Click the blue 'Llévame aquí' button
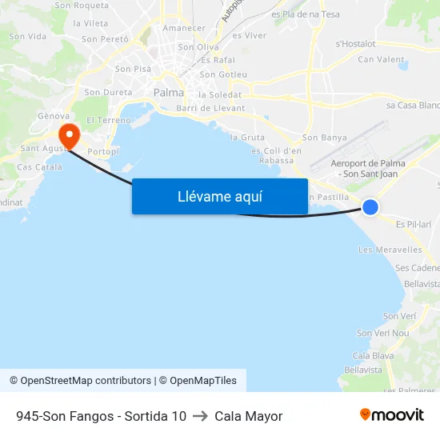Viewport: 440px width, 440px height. pyautogui.click(x=219, y=196)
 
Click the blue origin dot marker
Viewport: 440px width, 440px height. pyautogui.click(x=370, y=207)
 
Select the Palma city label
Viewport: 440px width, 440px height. pyautogui.click(x=169, y=93)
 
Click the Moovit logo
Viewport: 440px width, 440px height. pyautogui.click(x=391, y=415)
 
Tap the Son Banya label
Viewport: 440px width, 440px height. pyautogui.click(x=325, y=138)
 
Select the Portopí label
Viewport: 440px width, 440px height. pyautogui.click(x=103, y=151)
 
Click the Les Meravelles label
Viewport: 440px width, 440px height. pyautogui.click(x=390, y=250)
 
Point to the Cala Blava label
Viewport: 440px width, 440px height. pyautogui.click(x=373, y=355)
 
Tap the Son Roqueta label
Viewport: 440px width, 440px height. pyautogui.click(x=82, y=6)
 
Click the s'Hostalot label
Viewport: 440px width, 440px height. pyautogui.click(x=356, y=44)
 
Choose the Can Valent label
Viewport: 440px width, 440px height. pyautogui.click(x=381, y=59)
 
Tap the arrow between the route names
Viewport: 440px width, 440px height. pyautogui.click(x=200, y=416)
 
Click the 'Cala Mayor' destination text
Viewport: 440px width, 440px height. pyautogui.click(x=249, y=416)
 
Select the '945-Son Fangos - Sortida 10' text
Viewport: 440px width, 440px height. pyautogui.click(x=101, y=416)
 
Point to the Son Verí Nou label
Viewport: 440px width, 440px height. pyautogui.click(x=382, y=333)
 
